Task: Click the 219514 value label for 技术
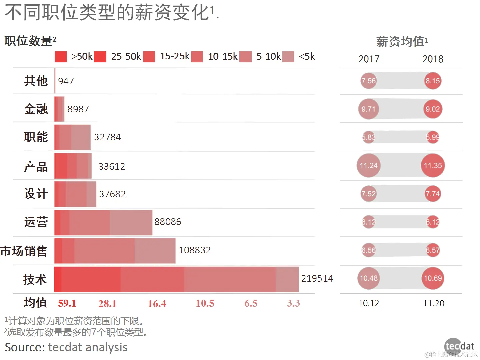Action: point(317,278)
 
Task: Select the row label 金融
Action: point(36,109)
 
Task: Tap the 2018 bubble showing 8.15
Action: point(433,81)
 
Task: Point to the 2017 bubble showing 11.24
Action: point(368,166)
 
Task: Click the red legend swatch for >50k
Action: point(61,57)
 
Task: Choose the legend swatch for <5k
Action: point(288,57)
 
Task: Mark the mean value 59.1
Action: point(67,303)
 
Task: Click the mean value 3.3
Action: point(293,303)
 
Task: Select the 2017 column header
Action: point(369,59)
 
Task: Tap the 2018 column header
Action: point(433,59)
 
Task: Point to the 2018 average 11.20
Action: point(434,303)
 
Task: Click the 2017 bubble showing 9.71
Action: point(368,109)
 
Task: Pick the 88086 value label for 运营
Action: point(168,222)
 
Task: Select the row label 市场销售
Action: point(24,251)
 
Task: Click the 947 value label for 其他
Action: point(66,81)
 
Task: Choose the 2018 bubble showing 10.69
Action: point(433,278)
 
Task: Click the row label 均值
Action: point(35,303)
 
